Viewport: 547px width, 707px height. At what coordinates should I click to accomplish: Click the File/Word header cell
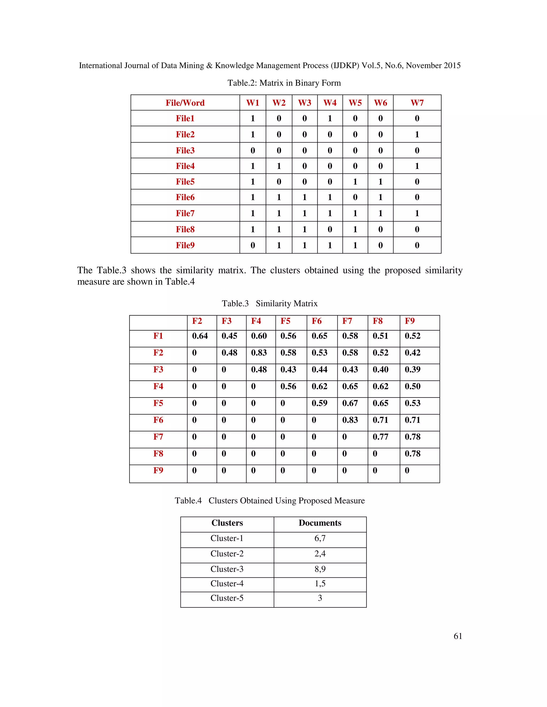pos(185,103)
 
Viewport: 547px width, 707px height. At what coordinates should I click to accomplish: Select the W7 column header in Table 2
pos(417,103)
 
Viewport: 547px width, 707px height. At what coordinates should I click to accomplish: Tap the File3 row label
pos(185,150)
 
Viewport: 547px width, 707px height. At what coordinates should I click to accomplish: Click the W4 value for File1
pos(330,118)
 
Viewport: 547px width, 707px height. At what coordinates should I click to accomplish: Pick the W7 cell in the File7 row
pos(417,213)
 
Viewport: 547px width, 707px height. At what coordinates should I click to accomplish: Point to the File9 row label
pos(185,245)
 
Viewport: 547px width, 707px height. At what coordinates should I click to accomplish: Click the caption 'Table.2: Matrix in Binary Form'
pos(284,83)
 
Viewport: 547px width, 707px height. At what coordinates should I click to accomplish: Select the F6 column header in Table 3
pos(317,321)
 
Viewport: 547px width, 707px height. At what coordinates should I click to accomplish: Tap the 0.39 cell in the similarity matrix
pos(412,370)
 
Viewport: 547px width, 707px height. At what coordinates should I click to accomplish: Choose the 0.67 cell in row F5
pos(350,403)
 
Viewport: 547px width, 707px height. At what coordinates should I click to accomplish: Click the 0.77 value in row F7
pos(380,437)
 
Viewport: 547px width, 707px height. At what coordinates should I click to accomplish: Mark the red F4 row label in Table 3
pos(158,387)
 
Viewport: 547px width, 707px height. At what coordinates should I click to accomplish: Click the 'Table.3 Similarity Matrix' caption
pos(269,304)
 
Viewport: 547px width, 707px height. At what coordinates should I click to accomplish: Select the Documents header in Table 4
pos(320,523)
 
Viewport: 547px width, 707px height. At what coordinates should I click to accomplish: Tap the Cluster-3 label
pos(227,569)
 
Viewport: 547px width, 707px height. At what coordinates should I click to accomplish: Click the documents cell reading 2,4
pos(320,554)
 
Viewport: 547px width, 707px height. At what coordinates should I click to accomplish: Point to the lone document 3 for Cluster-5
pos(320,598)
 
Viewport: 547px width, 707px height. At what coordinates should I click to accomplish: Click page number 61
pos(458,636)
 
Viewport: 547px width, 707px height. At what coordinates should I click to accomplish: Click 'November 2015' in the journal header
pos(433,66)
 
